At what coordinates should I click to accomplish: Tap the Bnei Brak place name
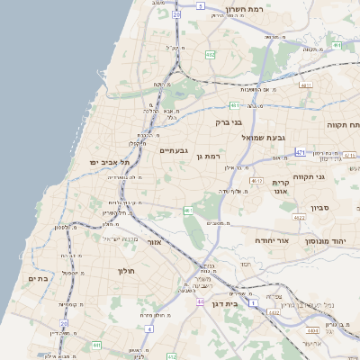[x=229, y=121]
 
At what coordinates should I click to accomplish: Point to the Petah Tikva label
[x=342, y=125]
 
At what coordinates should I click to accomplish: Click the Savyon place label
[x=321, y=208]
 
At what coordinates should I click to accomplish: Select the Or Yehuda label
[x=274, y=241]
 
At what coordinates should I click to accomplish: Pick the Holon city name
[x=125, y=270]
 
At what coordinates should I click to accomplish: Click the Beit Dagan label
[x=229, y=306]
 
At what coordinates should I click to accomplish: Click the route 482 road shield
[x=210, y=55]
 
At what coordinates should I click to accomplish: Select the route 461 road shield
[x=188, y=211]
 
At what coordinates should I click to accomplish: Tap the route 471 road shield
[x=300, y=152]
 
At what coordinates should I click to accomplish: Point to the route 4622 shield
[x=299, y=217]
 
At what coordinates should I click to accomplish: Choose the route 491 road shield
[x=336, y=44]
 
